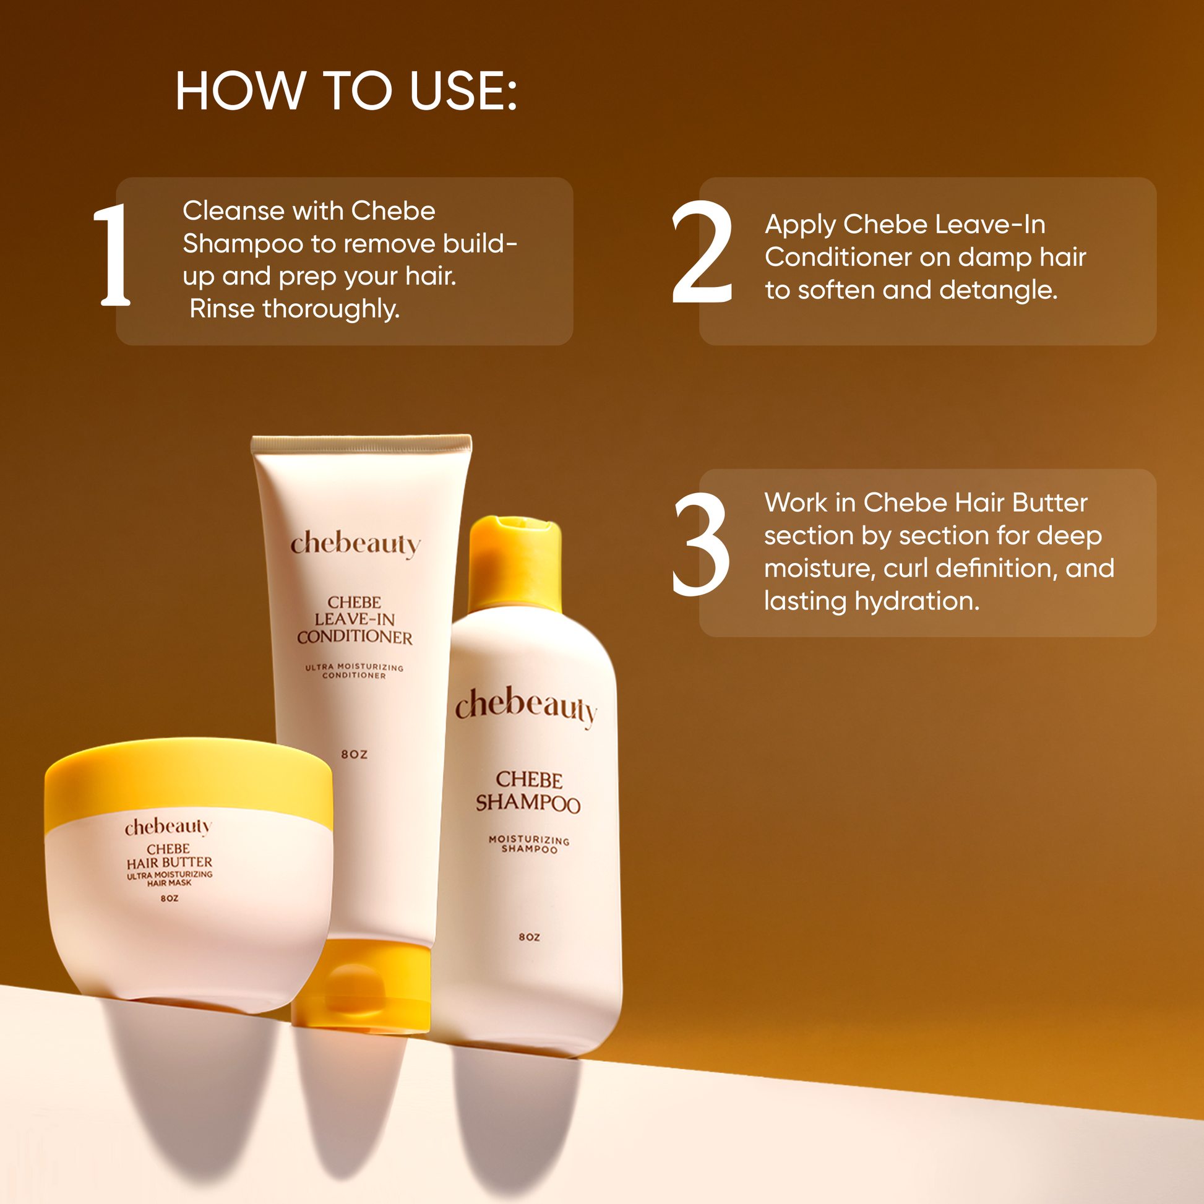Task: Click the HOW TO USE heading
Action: [x=346, y=91]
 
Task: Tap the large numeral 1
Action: [x=113, y=255]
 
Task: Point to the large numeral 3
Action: [x=700, y=543]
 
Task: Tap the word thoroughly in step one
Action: [x=332, y=309]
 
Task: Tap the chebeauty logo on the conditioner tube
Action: [x=355, y=544]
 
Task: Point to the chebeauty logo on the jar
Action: [x=168, y=827]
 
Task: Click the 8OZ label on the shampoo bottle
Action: [x=529, y=937]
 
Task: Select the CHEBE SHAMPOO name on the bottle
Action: [x=528, y=791]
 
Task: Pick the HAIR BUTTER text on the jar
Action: [x=170, y=862]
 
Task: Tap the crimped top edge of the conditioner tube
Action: [x=361, y=444]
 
